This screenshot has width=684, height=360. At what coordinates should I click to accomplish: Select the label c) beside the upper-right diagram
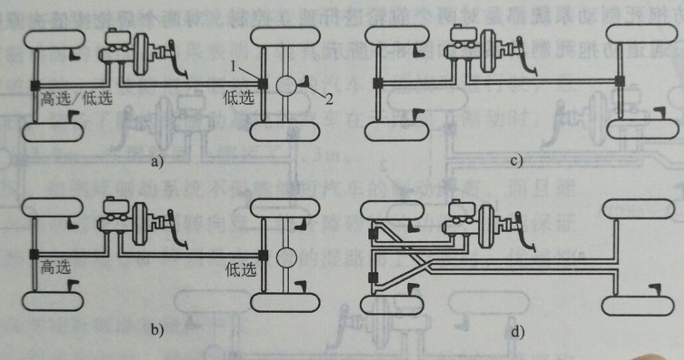[x=517, y=160]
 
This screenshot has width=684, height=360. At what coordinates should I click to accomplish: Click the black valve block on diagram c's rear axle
[x=620, y=81]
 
